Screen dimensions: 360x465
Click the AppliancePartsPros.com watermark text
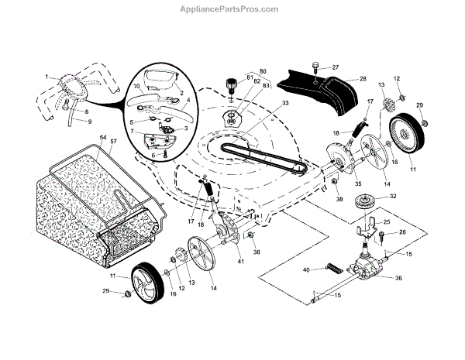pos(232,9)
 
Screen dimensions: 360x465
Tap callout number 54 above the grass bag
pos(103,137)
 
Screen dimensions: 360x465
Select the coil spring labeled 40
pos(333,269)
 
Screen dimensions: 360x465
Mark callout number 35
pos(336,184)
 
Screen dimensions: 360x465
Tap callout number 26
pos(402,232)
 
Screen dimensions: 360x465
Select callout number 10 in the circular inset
pos(137,86)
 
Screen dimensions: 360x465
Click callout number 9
pos(88,122)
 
